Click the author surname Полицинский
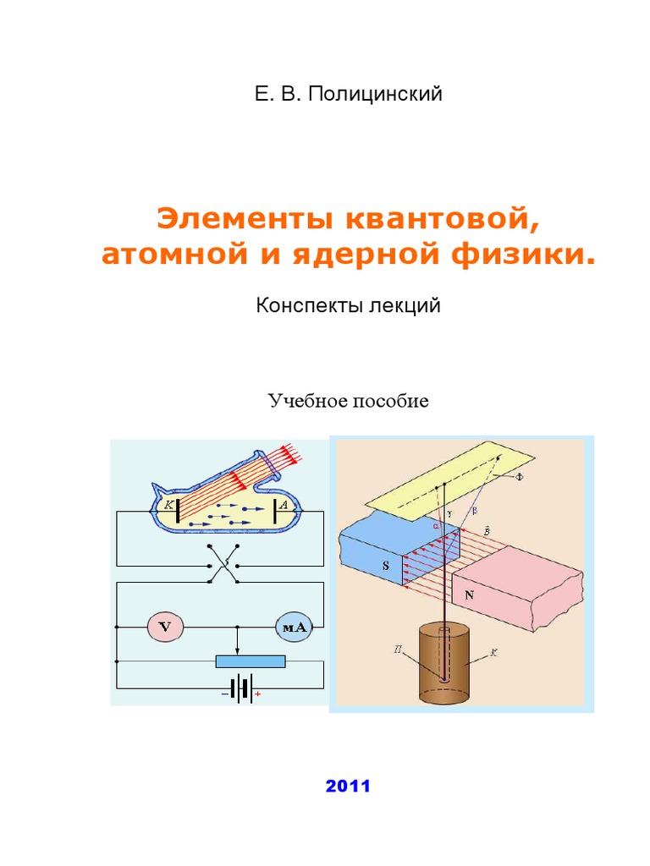click(375, 95)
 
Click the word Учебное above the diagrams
click(303, 400)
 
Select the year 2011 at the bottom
click(348, 787)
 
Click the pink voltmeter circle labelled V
click(165, 627)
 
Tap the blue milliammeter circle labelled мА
click(293, 627)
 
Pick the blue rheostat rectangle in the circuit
click(250, 661)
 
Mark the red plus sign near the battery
click(257, 695)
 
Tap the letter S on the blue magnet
click(386, 567)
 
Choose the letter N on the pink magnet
click(470, 595)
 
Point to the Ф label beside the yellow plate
click(520, 477)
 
